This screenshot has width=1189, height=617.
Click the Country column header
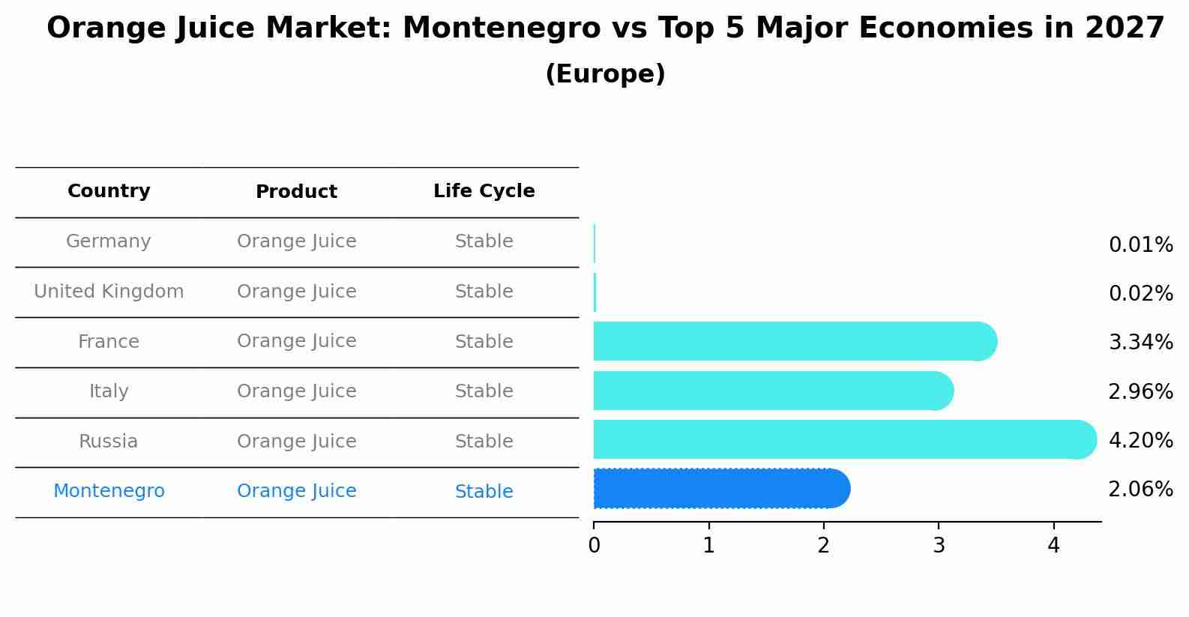pos(109,191)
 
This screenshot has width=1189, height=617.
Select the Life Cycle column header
pos(484,191)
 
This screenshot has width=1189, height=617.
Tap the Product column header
pos(296,192)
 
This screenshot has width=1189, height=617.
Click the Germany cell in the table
pos(109,241)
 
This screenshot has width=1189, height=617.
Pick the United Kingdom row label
pos(109,292)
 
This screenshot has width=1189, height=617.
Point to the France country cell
pos(109,342)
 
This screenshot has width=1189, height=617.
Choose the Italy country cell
pos(109,391)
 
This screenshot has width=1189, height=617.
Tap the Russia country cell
pos(109,442)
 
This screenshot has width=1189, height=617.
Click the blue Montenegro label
pos(109,491)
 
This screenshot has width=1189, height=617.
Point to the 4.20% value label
pos(1140,440)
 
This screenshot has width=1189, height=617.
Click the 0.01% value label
pos(1140,245)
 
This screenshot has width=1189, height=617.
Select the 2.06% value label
pos(1140,490)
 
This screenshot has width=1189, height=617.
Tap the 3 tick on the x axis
pos(939,546)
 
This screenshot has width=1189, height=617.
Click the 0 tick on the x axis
pos(594,546)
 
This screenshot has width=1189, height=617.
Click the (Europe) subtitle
pos(605,74)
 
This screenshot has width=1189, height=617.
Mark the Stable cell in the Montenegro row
pos(484,492)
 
